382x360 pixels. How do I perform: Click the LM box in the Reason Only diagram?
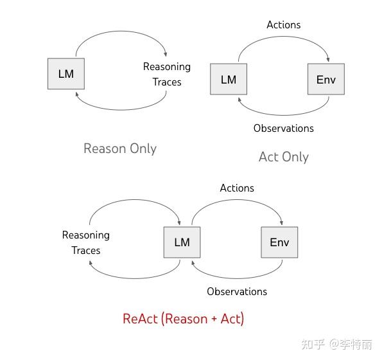click(x=66, y=74)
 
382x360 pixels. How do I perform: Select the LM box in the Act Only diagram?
click(x=229, y=80)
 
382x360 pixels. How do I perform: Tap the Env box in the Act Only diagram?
click(x=326, y=80)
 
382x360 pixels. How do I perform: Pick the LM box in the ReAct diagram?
click(x=182, y=242)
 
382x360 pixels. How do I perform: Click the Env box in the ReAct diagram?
click(x=279, y=242)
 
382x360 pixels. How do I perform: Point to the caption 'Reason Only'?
click(x=120, y=148)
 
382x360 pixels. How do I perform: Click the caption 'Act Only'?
click(x=283, y=157)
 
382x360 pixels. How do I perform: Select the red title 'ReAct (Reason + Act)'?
click(x=183, y=318)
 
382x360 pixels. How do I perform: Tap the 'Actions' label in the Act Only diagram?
click(x=283, y=24)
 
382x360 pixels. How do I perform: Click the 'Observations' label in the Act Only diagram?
click(x=283, y=128)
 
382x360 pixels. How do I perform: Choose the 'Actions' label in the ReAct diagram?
click(x=237, y=188)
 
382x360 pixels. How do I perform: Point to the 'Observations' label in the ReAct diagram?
click(x=237, y=291)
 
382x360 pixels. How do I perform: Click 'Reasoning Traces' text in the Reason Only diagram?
click(x=167, y=74)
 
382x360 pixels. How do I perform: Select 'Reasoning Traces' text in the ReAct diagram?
click(x=86, y=242)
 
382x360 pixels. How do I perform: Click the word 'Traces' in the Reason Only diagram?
click(x=167, y=82)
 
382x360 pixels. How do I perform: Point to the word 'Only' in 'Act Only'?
click(x=295, y=157)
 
